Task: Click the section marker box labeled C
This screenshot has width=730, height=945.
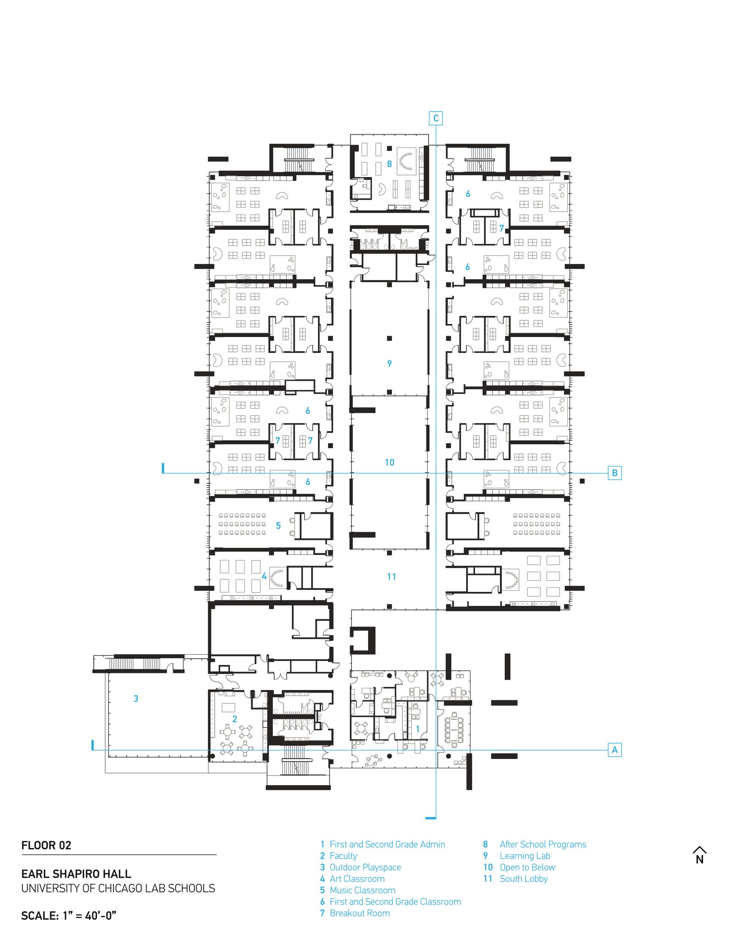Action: pyautogui.click(x=435, y=118)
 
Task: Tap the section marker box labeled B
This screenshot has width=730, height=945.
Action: pyautogui.click(x=615, y=473)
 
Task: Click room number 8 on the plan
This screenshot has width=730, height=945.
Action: pyautogui.click(x=389, y=164)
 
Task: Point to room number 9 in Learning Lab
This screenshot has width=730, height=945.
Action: pyautogui.click(x=389, y=363)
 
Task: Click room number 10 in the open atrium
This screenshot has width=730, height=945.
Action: pyautogui.click(x=390, y=463)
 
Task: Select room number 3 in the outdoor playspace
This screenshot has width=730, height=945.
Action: pyautogui.click(x=136, y=699)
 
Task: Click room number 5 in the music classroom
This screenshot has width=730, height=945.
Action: pyautogui.click(x=278, y=526)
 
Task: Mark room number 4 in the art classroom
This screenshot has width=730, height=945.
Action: pyautogui.click(x=264, y=576)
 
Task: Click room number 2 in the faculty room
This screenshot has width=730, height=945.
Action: pyautogui.click(x=235, y=719)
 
